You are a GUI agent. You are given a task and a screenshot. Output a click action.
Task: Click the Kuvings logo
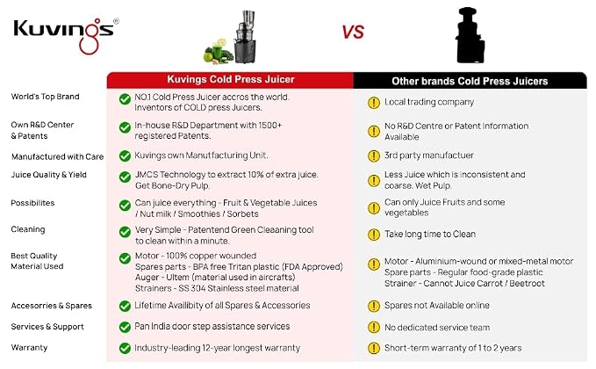(x=65, y=35)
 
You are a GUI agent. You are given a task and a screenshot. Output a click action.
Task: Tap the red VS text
(x=353, y=33)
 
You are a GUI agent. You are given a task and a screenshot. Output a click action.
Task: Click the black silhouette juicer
(x=470, y=35)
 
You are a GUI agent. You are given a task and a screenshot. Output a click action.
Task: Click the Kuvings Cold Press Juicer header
(x=231, y=79)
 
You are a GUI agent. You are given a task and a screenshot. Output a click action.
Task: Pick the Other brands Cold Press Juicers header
(x=470, y=81)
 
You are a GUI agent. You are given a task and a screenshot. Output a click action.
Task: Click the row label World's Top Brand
(x=46, y=97)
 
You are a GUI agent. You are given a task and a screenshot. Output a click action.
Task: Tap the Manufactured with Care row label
(x=57, y=156)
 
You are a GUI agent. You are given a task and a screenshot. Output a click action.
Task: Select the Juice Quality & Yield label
(x=48, y=175)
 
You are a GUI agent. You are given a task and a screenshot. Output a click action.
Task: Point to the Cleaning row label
(x=28, y=229)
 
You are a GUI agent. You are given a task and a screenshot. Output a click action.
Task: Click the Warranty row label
(x=29, y=348)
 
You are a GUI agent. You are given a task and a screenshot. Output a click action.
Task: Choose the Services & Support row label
(x=47, y=327)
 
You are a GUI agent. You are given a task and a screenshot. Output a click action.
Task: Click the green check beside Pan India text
(x=125, y=327)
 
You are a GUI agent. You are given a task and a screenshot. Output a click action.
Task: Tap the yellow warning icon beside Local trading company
(x=374, y=103)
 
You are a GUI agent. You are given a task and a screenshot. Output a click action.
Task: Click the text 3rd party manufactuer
(x=428, y=156)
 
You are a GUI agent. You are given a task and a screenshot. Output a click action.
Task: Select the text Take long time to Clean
(x=430, y=234)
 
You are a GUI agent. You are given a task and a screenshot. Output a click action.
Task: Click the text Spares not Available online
(x=437, y=306)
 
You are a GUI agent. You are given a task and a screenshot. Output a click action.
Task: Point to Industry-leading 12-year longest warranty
(x=218, y=348)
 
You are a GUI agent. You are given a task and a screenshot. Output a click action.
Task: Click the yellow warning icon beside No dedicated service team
(x=374, y=327)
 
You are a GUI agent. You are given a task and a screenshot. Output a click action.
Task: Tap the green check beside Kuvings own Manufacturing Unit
(x=125, y=156)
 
